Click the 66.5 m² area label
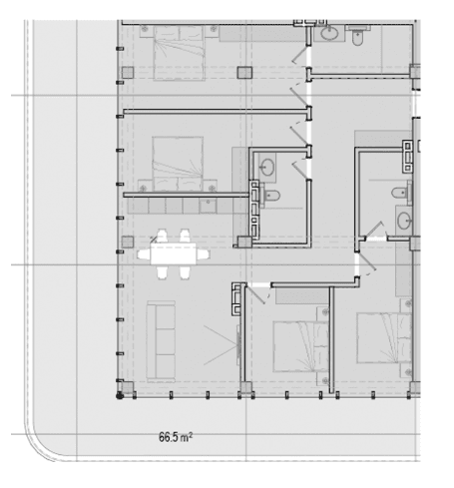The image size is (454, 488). [176, 437]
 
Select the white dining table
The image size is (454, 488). [173, 253]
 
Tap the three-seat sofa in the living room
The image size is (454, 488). [161, 341]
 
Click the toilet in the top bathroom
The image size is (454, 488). [357, 36]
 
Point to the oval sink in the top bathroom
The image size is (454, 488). [330, 33]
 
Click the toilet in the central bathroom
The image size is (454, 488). [272, 196]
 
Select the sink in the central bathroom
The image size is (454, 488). [267, 166]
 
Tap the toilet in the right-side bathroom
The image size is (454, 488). [400, 193]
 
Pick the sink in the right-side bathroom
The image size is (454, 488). [404, 221]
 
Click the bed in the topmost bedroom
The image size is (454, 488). [179, 53]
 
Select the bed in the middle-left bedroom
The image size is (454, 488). [178, 164]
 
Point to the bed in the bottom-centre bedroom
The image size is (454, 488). [300, 346]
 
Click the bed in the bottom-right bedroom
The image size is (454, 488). [384, 337]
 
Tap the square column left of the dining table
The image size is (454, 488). [128, 242]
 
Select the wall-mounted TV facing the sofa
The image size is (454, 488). [238, 345]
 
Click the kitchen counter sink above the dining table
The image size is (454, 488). [208, 207]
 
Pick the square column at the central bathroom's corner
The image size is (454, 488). [244, 242]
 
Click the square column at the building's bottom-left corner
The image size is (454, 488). [128, 388]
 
